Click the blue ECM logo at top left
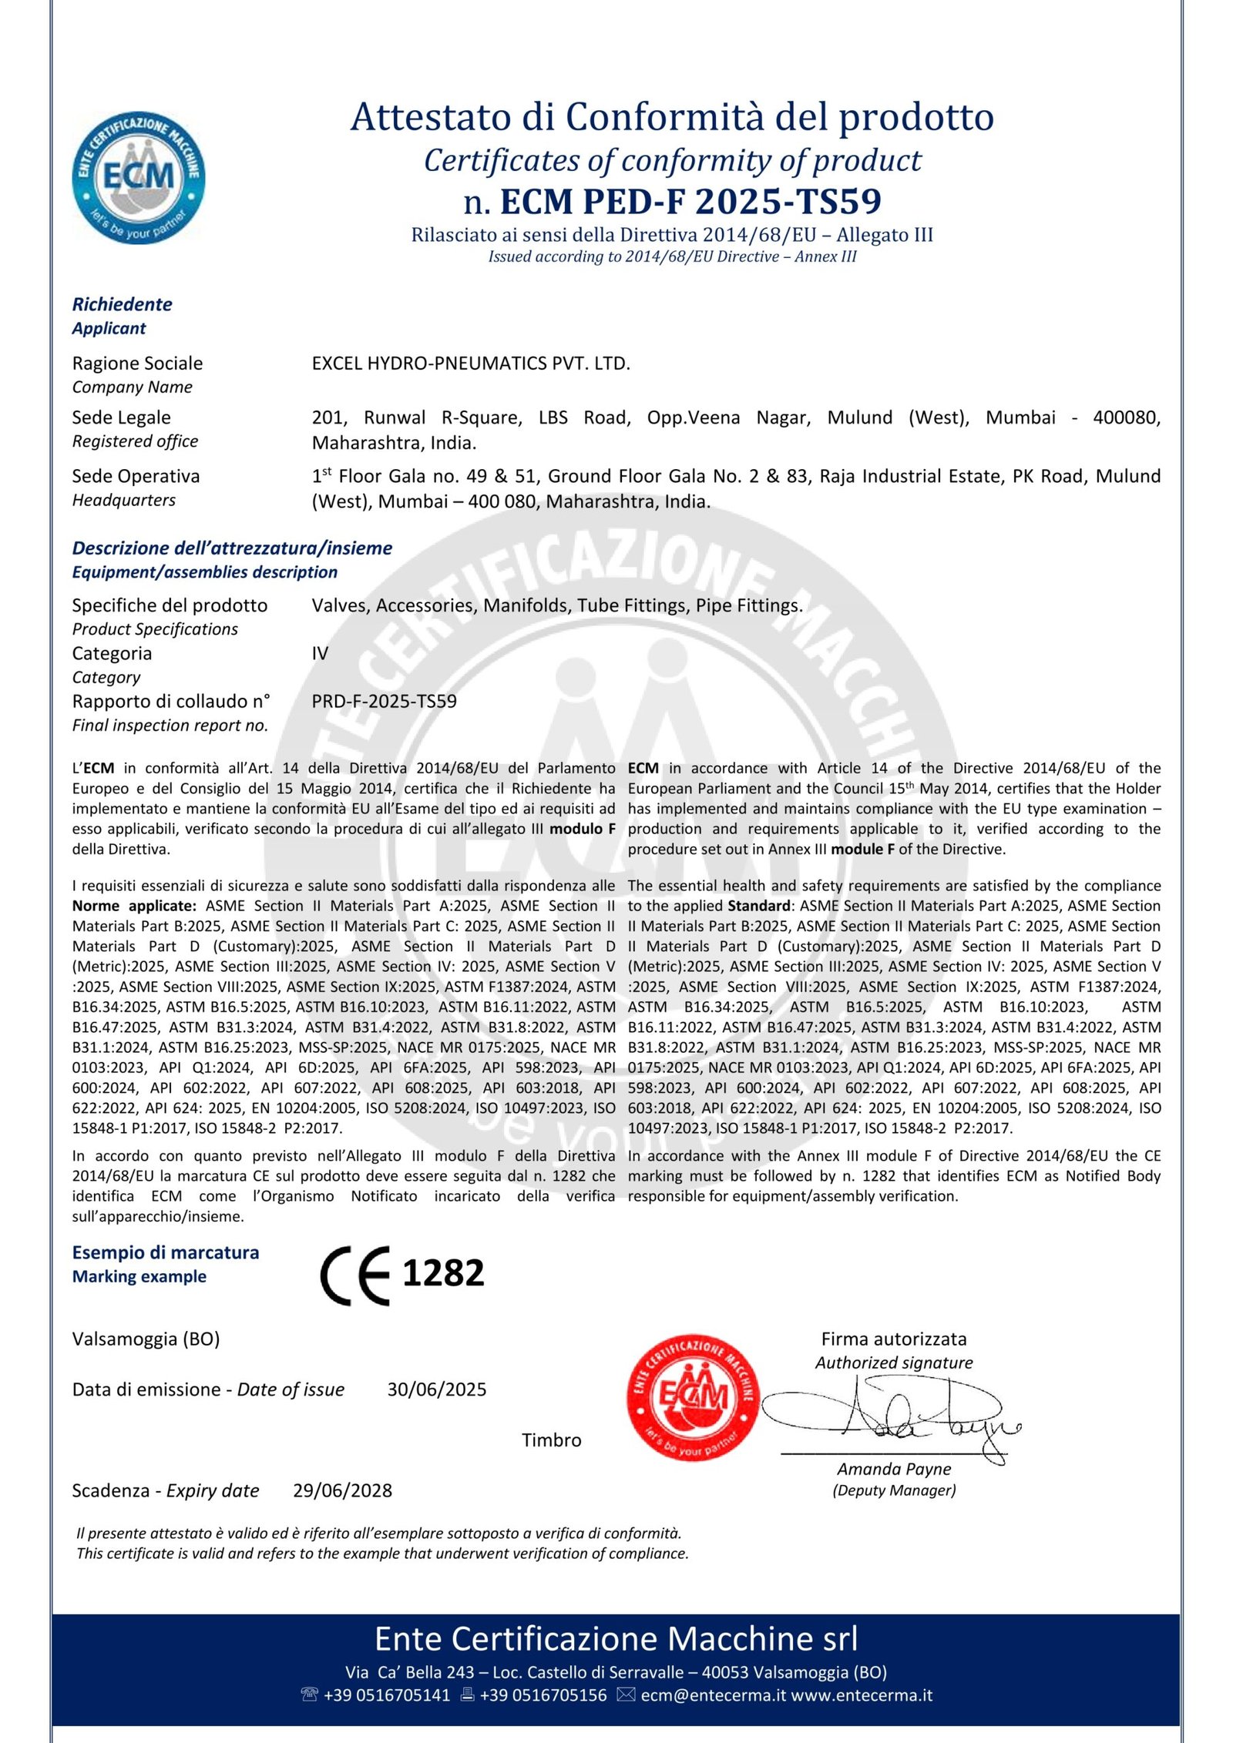[139, 177]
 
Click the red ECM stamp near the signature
[693, 1396]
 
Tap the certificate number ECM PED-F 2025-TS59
[690, 201]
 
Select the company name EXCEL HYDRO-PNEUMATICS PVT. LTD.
[471, 364]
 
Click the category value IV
[320, 654]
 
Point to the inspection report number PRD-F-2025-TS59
[384, 702]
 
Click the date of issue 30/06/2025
[436, 1389]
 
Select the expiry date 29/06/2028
[342, 1490]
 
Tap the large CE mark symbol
[355, 1275]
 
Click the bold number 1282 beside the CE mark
[443, 1273]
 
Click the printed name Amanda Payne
[894, 1469]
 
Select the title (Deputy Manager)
[894, 1490]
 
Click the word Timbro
[551, 1440]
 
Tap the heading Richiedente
[122, 304]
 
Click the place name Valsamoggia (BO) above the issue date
[146, 1339]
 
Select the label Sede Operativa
[136, 477]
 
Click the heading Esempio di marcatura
[165, 1252]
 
